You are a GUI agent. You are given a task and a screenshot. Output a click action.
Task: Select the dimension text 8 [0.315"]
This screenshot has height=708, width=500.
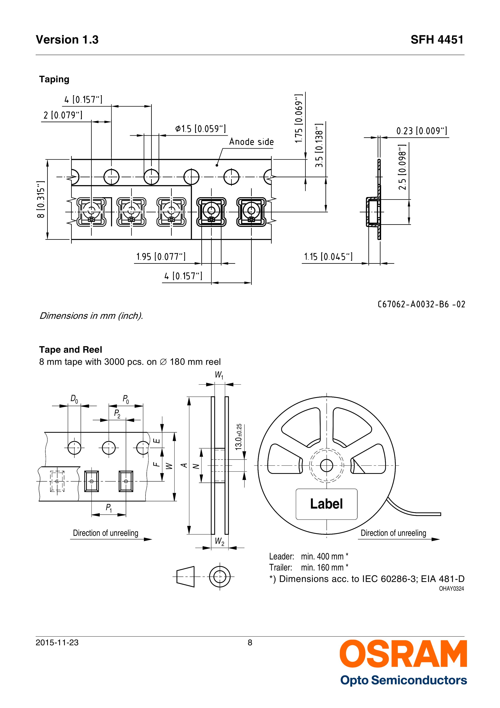pyautogui.click(x=41, y=199)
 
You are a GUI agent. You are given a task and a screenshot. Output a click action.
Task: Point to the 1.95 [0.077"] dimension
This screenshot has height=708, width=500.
pyautogui.click(x=161, y=257)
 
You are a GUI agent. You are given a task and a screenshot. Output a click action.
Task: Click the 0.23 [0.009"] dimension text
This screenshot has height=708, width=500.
pyautogui.click(x=421, y=131)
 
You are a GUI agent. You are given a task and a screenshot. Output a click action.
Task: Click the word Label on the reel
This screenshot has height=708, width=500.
pyautogui.click(x=326, y=504)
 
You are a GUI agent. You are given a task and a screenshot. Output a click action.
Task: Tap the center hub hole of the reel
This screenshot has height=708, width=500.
pyautogui.click(x=326, y=466)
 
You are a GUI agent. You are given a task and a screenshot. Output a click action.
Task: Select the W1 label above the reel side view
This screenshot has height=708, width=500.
pyautogui.click(x=219, y=375)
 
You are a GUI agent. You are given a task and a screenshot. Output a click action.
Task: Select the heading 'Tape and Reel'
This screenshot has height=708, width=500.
pyautogui.click(x=70, y=350)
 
